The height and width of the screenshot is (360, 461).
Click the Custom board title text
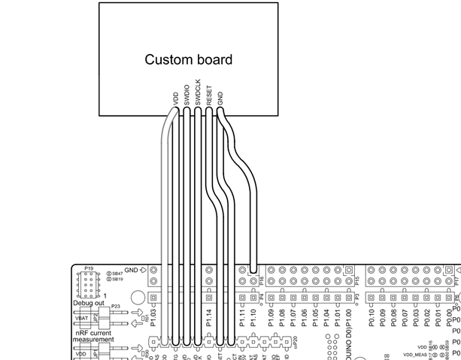tap(188, 59)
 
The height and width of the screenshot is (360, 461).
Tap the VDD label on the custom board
tap(175, 99)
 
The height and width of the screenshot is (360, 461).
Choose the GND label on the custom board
tap(220, 98)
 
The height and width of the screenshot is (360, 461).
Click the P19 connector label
tap(89, 268)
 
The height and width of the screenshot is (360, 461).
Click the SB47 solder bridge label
tap(117, 272)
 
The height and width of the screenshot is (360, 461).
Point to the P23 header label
tap(115, 306)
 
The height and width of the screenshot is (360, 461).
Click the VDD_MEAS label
tap(416, 352)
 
